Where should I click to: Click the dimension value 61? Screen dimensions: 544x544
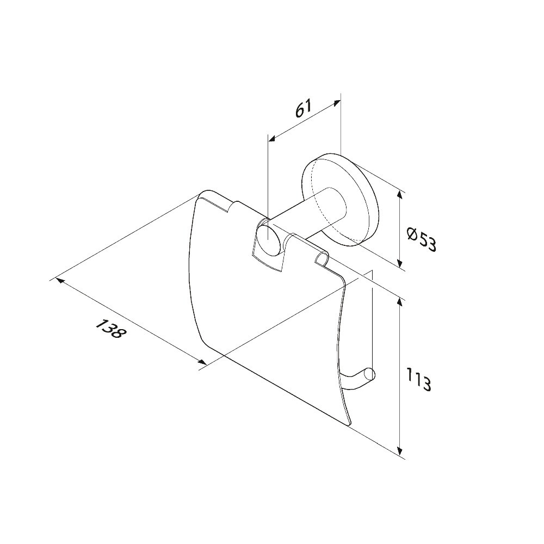click(304, 109)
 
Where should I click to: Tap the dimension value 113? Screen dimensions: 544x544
click(419, 380)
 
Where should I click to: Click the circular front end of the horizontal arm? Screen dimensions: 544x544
click(269, 240)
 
